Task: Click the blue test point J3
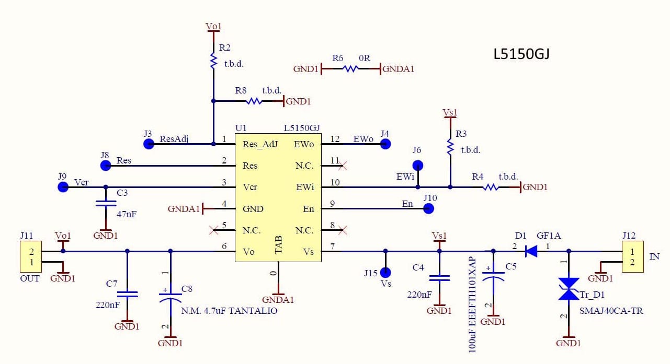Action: point(149,144)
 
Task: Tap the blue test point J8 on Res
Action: point(106,166)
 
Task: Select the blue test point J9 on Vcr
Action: point(63,187)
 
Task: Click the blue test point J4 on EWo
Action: point(385,144)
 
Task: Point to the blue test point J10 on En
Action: point(428,209)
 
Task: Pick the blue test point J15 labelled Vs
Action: point(385,272)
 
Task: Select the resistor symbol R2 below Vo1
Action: point(213,61)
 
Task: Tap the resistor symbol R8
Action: point(254,101)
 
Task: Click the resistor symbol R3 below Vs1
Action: point(450,147)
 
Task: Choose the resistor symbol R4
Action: point(491,187)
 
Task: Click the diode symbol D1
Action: point(531,252)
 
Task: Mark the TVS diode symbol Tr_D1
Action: point(569,289)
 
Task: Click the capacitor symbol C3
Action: point(106,204)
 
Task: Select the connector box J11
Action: point(30,256)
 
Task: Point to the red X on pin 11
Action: point(343,166)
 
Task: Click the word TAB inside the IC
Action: point(278,244)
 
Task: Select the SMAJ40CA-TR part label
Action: point(611,311)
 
